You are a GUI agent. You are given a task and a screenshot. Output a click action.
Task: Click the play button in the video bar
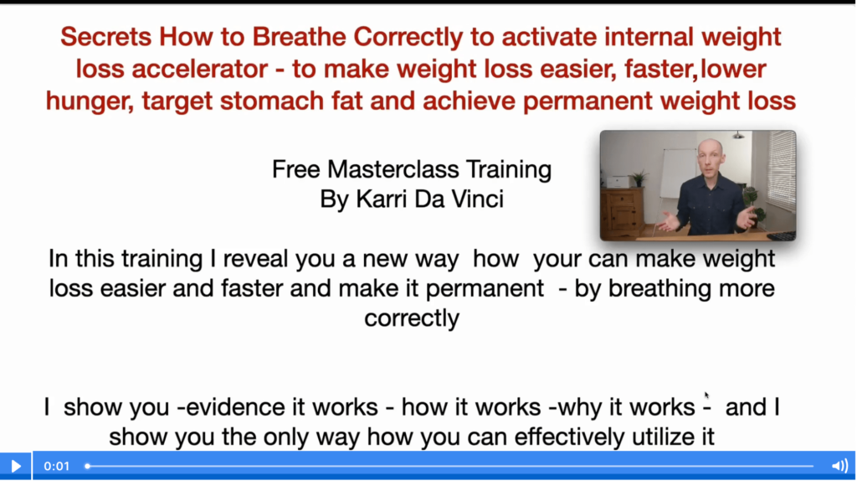click(16, 466)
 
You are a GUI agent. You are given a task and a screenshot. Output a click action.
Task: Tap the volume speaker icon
click(839, 466)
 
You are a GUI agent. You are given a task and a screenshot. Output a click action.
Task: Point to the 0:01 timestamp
click(57, 466)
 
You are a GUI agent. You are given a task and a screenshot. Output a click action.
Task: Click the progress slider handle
click(87, 466)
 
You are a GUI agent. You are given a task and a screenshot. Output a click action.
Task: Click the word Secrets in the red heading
click(106, 37)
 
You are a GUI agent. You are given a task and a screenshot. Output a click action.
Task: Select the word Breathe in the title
click(300, 37)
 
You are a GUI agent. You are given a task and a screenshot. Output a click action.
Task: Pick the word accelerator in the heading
click(199, 70)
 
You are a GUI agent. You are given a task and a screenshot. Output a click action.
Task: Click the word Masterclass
click(393, 169)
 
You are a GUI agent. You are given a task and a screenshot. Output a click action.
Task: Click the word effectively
click(569, 437)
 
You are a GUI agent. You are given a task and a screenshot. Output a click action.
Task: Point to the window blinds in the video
click(780, 169)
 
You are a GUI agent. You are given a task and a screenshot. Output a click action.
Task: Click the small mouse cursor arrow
click(706, 395)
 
